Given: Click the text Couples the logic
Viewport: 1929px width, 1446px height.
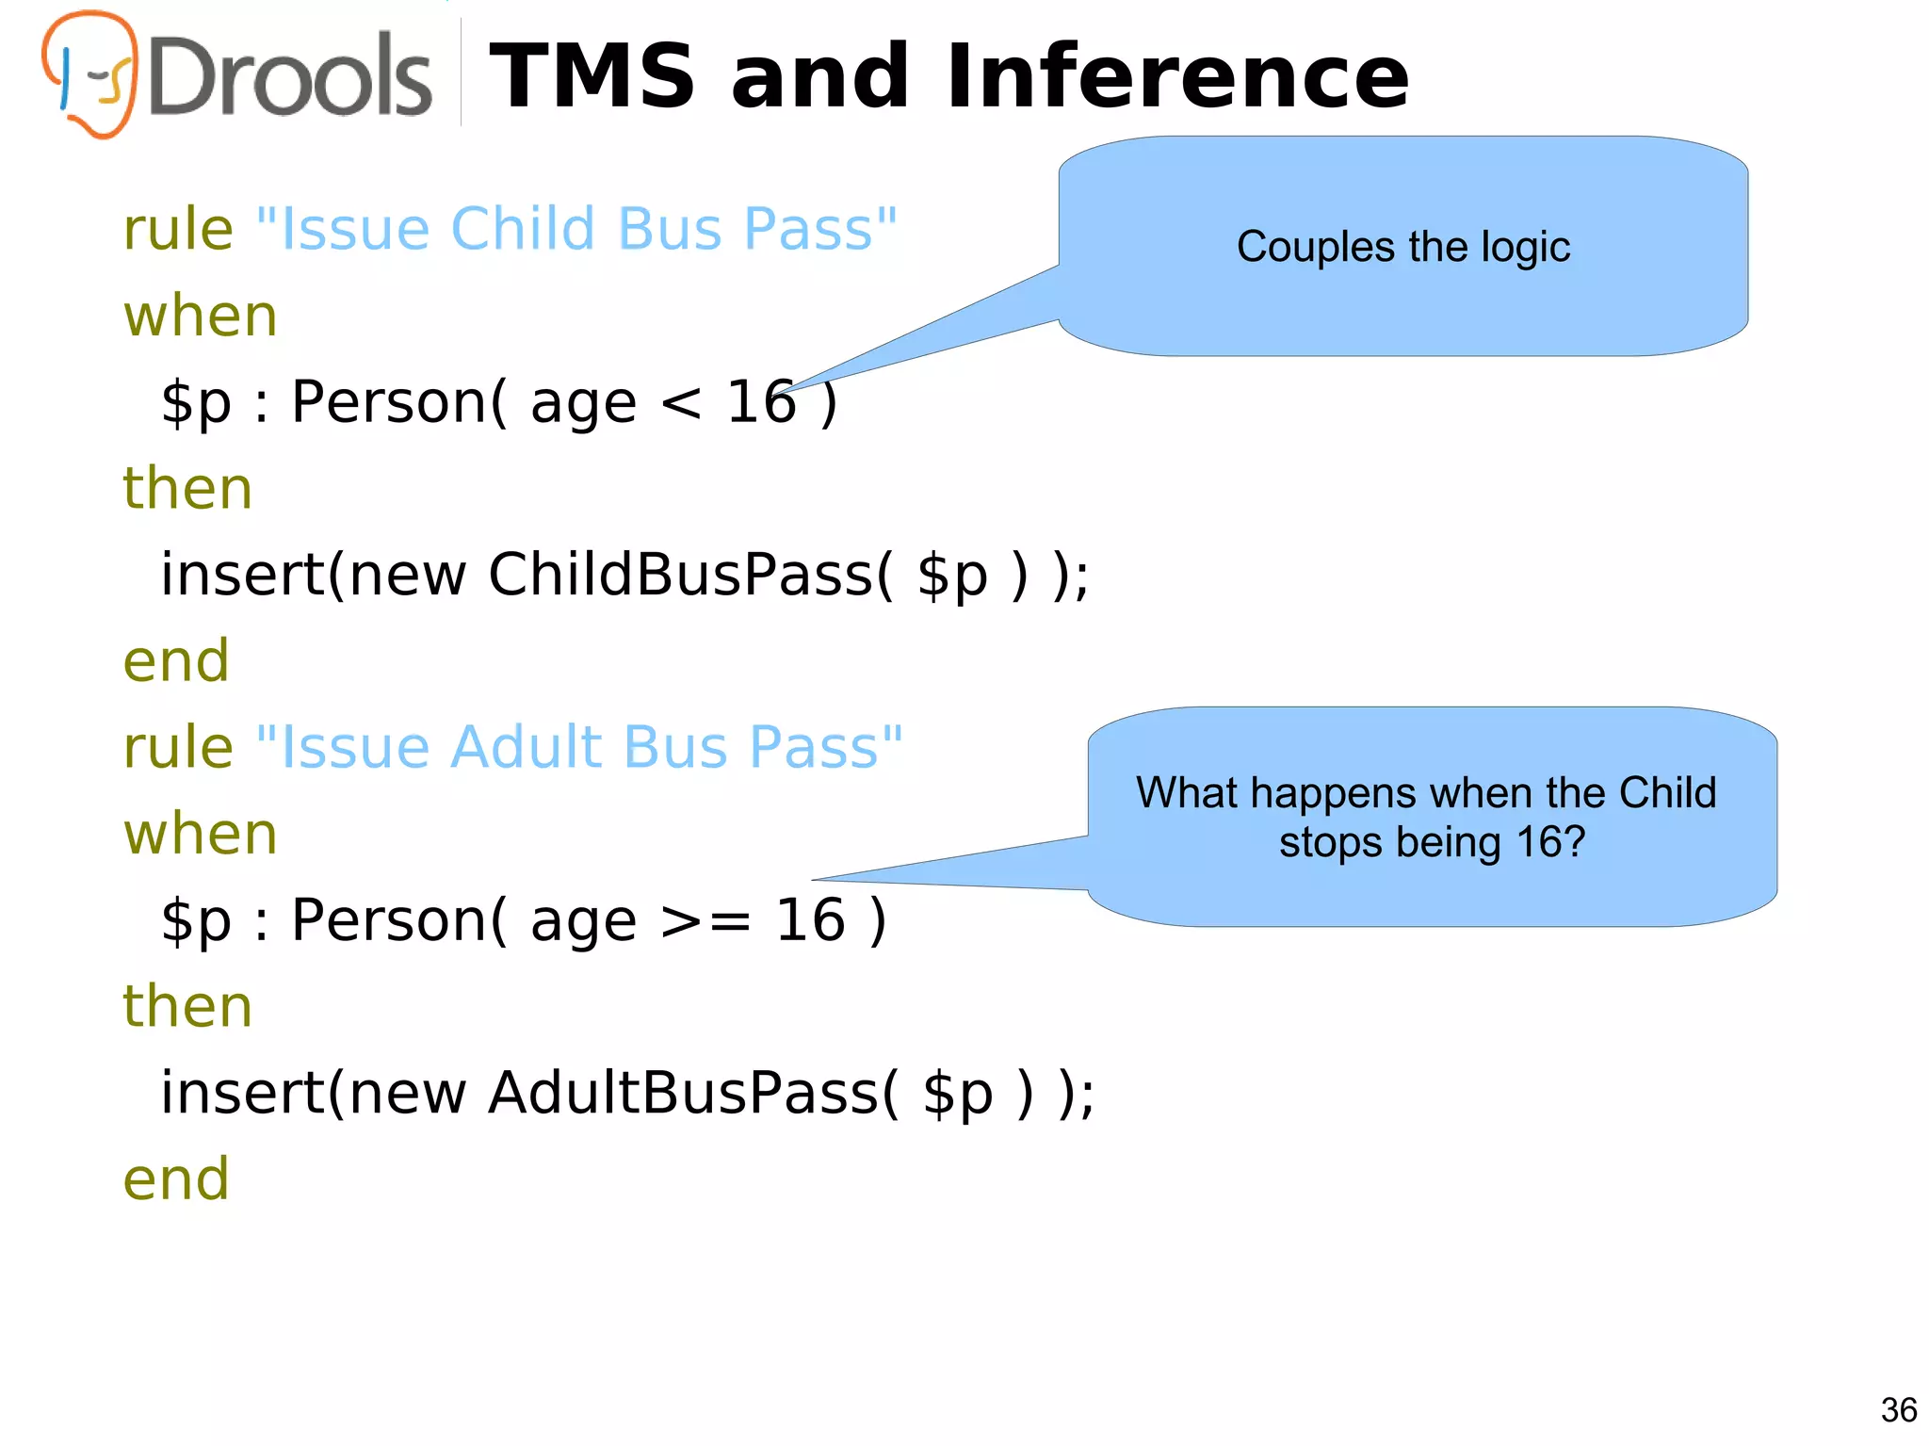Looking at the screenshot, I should [x=1402, y=247].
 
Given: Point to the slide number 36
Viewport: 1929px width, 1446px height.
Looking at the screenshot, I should [x=1898, y=1410].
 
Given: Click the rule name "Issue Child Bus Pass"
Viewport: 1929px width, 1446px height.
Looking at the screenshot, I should [x=576, y=229].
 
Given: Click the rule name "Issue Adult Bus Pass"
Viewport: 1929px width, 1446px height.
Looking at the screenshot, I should [x=579, y=747].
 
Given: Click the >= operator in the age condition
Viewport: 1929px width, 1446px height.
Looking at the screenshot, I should [x=705, y=920].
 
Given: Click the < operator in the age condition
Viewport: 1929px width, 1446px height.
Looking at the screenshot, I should [x=680, y=403].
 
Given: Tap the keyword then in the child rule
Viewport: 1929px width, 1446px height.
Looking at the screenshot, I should [x=187, y=488].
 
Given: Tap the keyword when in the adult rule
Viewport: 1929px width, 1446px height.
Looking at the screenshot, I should [x=201, y=834].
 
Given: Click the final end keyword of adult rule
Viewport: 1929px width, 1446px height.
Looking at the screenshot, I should [x=176, y=1178].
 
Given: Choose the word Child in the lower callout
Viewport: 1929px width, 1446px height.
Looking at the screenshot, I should [x=1667, y=793].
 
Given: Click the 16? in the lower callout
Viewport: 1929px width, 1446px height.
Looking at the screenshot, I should [x=1551, y=842].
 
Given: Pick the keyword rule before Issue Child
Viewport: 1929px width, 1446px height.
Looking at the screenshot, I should [x=178, y=229].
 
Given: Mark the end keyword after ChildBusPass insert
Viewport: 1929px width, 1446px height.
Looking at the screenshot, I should [x=176, y=660].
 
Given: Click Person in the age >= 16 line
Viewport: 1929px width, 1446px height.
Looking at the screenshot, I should [x=388, y=920].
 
